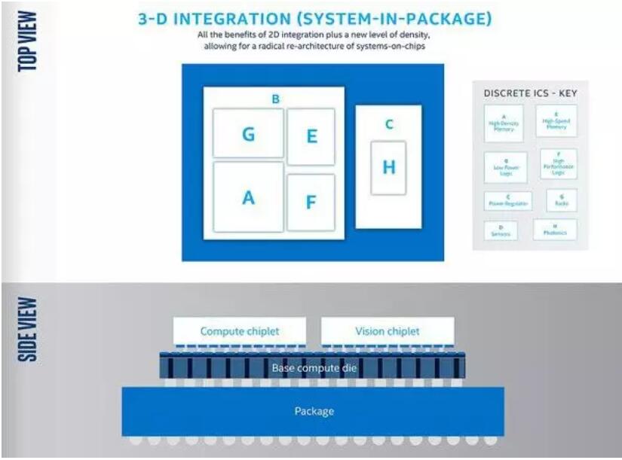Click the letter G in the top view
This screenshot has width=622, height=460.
point(248,134)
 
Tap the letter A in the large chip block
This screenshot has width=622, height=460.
point(248,197)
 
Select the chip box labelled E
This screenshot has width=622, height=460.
point(311,136)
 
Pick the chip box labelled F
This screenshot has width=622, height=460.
point(311,203)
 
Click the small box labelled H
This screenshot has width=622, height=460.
point(388,167)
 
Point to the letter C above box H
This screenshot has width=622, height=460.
point(389,124)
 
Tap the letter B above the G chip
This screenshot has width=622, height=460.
point(275,99)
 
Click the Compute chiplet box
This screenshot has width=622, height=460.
point(240,331)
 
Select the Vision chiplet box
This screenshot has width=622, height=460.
point(388,331)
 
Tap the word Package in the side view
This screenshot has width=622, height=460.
point(314,411)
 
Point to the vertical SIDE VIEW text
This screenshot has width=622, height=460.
point(29,328)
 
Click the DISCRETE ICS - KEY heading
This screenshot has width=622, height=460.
point(529,93)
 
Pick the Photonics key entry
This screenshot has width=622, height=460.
point(555,230)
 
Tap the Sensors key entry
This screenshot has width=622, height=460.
point(501,231)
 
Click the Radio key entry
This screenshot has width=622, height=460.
point(562,200)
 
